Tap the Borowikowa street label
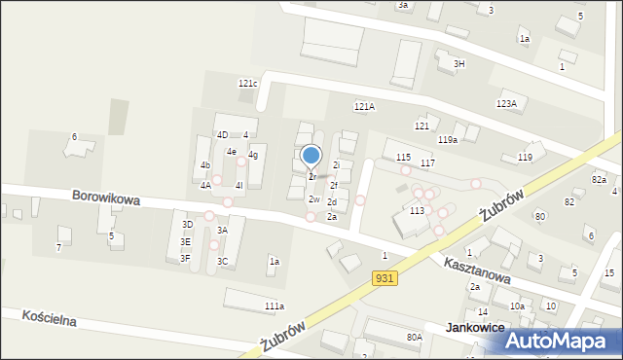coord(105,198)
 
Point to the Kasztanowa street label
coord(477,270)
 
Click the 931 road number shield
coord(384,279)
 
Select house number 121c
coord(247,84)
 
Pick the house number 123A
coord(506,103)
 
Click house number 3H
coord(459,63)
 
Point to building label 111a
coord(275,306)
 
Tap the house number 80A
coord(415,338)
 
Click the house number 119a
coord(448,140)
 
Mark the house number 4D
coord(222,134)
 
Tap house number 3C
coord(222,261)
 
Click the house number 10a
coord(518,306)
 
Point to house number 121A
coord(364,107)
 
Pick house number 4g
coord(253,155)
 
